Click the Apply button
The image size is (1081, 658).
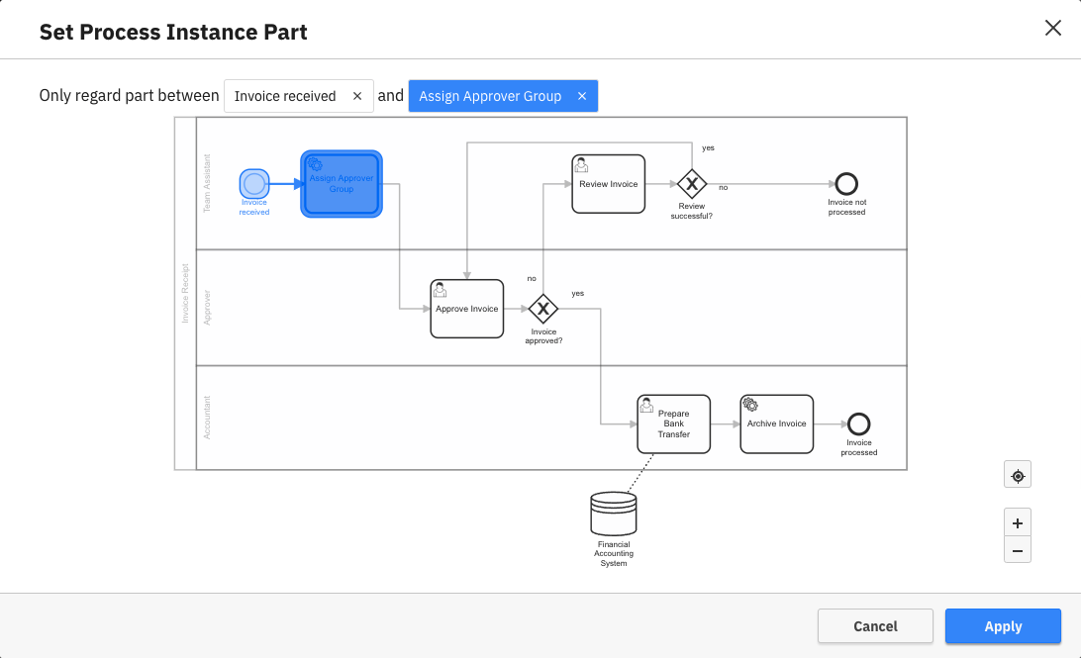[x=1002, y=626]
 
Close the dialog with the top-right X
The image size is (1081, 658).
[x=1052, y=28]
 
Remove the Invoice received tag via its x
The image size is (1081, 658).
[x=357, y=96]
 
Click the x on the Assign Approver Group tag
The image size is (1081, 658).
[x=582, y=96]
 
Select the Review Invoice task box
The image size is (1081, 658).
[x=608, y=184]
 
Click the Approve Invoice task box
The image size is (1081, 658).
[x=467, y=309]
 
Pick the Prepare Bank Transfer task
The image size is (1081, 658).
[x=673, y=424]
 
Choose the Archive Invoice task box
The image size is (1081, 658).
[x=776, y=424]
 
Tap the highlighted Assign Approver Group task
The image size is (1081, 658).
[x=342, y=184]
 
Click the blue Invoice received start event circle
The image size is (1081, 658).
[x=254, y=183]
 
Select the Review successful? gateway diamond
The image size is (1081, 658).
[x=691, y=184]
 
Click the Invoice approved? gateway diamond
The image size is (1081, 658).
[x=543, y=309]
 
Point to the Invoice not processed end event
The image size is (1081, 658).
[x=846, y=184]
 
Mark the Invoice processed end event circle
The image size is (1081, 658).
[x=858, y=424]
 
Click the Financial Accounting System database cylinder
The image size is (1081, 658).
[x=614, y=514]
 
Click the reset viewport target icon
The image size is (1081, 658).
[x=1017, y=476]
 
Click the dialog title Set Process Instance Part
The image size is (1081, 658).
[x=173, y=32]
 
